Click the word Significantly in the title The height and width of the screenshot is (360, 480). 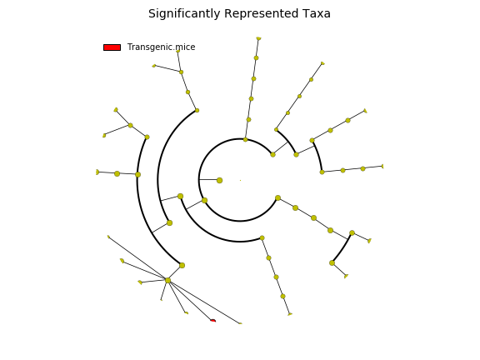[184, 14]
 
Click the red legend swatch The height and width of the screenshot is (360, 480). [112, 47]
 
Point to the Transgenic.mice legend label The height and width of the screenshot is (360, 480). [161, 47]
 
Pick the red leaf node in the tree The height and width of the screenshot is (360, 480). [213, 321]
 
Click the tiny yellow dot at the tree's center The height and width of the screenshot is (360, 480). [240, 180]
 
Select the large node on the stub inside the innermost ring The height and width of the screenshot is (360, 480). [219, 180]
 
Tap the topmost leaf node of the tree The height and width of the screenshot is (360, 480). [258, 38]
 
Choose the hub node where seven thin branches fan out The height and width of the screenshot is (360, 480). [167, 280]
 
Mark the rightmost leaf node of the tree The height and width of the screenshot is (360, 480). [382, 166]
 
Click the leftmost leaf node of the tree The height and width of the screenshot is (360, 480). [97, 172]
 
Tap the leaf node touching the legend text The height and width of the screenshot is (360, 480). [177, 51]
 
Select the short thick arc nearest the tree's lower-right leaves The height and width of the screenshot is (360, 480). [342, 249]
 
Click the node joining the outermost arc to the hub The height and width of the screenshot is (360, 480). [182, 265]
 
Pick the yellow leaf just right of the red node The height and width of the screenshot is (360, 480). [240, 323]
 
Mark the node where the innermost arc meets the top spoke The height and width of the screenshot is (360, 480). [245, 140]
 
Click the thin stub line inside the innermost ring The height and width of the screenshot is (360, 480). [209, 179]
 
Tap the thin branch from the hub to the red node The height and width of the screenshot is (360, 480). [190, 300]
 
